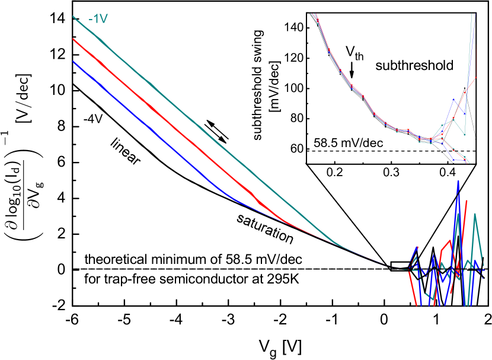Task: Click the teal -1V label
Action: coord(98,19)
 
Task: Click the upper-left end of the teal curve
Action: coord(73,16)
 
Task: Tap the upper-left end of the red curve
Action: coord(73,39)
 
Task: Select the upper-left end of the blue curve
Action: coord(73,61)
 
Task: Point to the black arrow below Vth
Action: coord(352,72)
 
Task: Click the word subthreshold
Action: coord(414,65)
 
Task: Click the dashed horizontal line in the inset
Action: coord(385,151)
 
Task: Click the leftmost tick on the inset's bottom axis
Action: coord(336,163)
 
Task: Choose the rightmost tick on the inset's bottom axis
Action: coord(448,163)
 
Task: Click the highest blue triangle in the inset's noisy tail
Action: coord(453,100)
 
